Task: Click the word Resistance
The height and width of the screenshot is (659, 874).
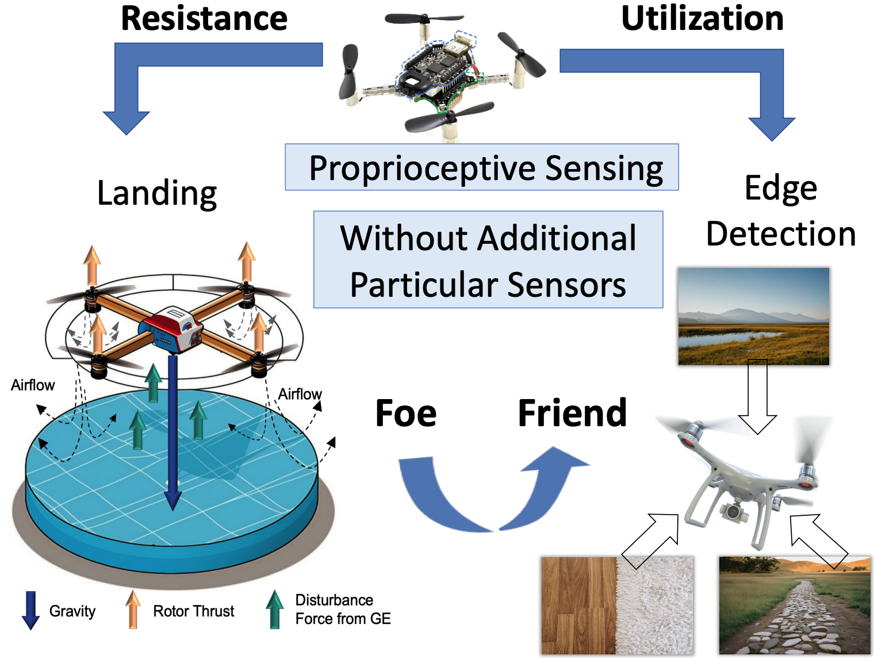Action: point(204,18)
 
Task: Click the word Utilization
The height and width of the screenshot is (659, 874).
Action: point(702,18)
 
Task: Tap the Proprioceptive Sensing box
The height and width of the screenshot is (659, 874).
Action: point(482,167)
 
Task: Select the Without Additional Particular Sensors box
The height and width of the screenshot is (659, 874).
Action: point(488,260)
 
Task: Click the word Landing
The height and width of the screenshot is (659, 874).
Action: point(157,193)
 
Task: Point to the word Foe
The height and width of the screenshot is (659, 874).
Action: point(406,413)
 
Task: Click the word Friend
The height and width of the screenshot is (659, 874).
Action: point(572,413)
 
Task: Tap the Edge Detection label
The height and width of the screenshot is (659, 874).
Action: point(781,211)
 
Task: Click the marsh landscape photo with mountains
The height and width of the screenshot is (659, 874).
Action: point(753,316)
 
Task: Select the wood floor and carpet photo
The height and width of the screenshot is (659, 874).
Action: point(617,605)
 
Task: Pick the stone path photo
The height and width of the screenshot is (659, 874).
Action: point(795,605)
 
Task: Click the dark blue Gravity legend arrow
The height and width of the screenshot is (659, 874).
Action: point(30,610)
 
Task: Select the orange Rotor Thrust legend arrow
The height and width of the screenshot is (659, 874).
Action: point(133,610)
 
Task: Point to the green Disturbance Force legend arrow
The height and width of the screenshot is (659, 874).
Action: point(275,610)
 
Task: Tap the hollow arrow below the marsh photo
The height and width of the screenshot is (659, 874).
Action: point(757,397)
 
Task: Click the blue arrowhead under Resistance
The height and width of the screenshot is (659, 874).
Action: point(126,121)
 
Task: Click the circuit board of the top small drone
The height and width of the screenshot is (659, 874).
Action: point(437,69)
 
